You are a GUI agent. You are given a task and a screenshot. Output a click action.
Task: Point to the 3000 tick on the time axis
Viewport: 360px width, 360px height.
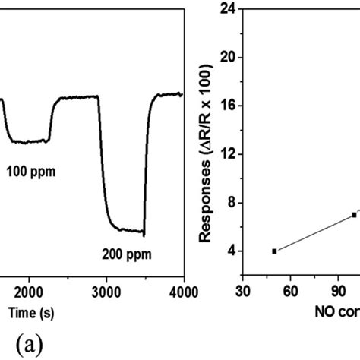[x=106, y=291]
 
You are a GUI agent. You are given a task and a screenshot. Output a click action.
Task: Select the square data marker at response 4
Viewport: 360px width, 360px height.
[x=274, y=251]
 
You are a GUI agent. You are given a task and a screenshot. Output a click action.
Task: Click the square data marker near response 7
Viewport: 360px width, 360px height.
[x=354, y=215]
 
